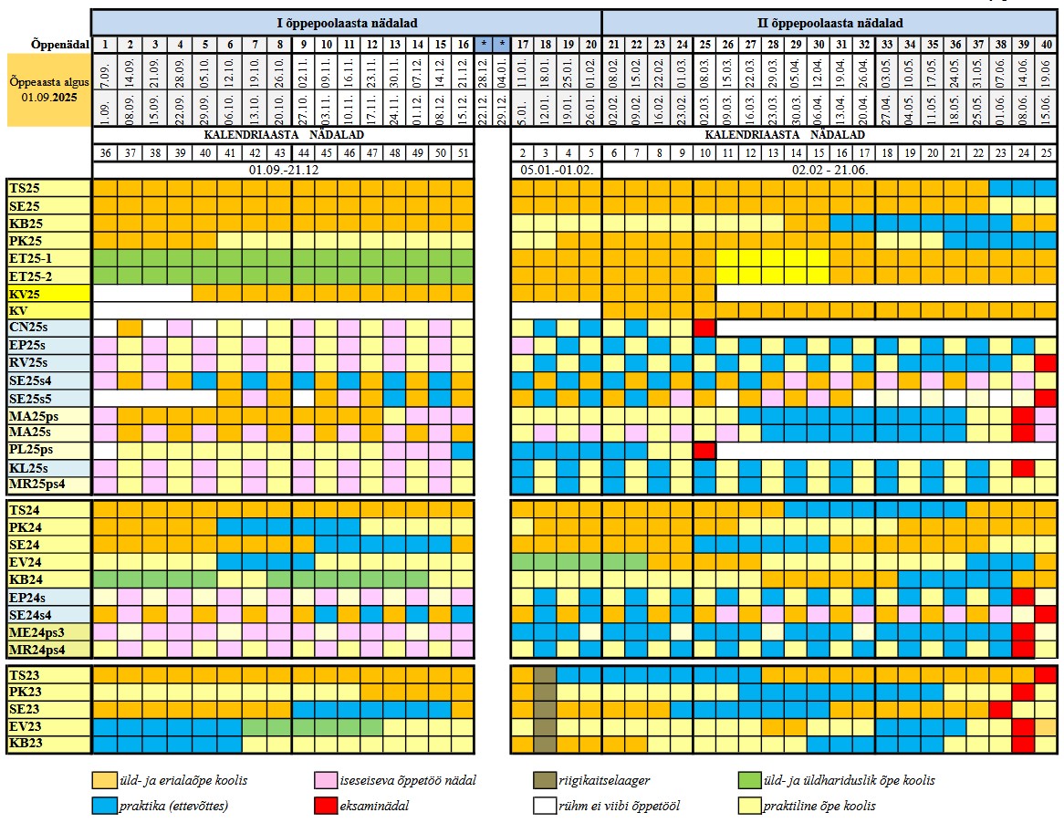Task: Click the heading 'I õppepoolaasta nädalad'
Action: pos(346,23)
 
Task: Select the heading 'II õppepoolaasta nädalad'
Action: pos(829,23)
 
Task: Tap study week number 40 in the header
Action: pos(1046,44)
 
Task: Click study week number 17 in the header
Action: pos(523,44)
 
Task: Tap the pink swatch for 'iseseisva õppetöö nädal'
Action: pos(326,780)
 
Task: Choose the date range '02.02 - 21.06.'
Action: pos(829,170)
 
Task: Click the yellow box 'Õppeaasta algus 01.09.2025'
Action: pos(47,89)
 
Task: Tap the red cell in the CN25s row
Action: pos(704,328)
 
